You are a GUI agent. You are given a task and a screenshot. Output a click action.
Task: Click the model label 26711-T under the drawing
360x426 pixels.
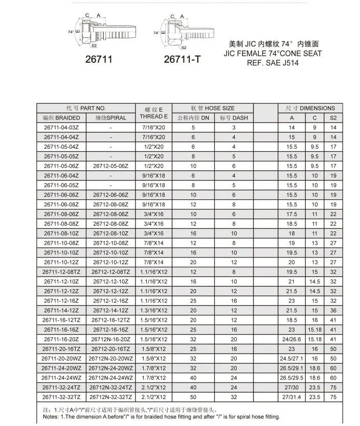[182, 60]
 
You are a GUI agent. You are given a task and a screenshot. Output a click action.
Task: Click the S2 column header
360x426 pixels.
[333, 117]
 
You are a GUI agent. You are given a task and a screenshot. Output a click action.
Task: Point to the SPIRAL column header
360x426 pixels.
[110, 117]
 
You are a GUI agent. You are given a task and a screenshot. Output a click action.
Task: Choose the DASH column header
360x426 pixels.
[234, 117]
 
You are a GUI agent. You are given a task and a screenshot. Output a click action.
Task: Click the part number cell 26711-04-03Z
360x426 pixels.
[61, 127]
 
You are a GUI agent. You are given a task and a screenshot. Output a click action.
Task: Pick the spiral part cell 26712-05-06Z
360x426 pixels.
[110, 166]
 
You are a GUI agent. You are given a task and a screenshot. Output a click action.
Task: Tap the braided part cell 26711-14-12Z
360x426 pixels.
[61, 310]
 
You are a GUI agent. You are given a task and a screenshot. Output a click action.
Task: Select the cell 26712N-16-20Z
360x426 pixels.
[110, 339]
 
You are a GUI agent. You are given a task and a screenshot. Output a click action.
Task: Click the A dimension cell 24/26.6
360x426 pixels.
[292, 339]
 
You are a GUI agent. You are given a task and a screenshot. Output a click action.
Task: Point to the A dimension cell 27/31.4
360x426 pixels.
[292, 397]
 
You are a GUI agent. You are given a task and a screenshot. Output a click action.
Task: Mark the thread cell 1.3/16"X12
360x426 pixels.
[153, 310]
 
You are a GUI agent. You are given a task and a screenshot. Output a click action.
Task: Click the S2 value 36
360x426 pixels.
[333, 310]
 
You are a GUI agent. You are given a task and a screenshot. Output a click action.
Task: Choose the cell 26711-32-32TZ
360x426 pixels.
[61, 397]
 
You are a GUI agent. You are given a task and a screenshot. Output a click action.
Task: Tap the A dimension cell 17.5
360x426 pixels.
[292, 214]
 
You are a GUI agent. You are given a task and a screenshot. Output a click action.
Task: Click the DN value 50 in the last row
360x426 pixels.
[193, 397]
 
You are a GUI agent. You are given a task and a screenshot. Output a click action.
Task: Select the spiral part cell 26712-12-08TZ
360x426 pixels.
[110, 272]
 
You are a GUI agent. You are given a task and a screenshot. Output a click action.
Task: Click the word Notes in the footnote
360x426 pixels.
[51, 417]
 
